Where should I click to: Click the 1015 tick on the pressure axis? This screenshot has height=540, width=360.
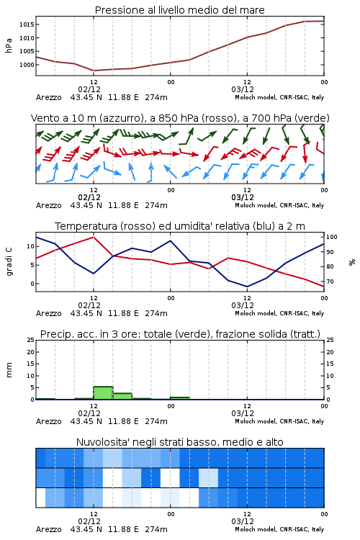click(27, 24)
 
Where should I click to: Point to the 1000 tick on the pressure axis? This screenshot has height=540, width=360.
click(27, 65)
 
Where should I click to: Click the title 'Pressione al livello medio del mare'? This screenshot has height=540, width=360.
click(180, 10)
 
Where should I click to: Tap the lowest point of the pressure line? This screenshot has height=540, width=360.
click(94, 71)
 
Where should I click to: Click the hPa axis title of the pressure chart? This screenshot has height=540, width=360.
click(9, 45)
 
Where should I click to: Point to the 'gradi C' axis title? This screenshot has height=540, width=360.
click(9, 261)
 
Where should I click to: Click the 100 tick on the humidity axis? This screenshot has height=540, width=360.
click(332, 237)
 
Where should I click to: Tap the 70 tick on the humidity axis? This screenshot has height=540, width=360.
click(330, 282)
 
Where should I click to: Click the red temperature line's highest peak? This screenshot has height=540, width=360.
click(94, 237)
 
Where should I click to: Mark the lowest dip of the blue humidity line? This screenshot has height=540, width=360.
click(247, 287)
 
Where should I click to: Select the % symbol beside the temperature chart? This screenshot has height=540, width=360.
click(352, 262)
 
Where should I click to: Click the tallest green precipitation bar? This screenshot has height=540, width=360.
click(104, 393)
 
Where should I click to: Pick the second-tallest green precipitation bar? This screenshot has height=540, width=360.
click(122, 397)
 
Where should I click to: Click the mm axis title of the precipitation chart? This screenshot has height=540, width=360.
click(9, 370)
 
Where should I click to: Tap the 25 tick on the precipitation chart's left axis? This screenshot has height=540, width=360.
click(31, 340)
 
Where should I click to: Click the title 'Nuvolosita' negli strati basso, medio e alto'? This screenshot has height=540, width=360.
click(180, 442)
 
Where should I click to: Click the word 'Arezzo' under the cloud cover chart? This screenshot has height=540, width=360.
click(48, 529)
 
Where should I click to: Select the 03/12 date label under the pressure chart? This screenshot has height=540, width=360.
click(243, 89)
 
